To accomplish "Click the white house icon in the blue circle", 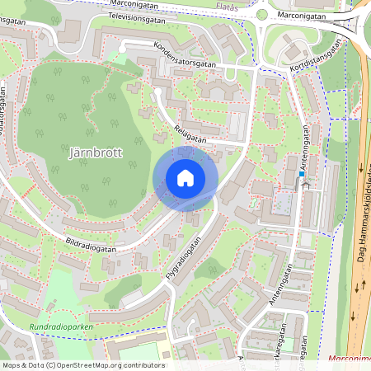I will coord(185,177).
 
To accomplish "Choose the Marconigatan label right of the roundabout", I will coord(301,15).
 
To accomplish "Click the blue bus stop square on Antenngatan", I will coord(303,174).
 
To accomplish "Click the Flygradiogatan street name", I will coord(183,261).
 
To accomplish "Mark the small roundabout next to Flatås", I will coord(262,14).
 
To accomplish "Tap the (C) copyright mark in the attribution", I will coord(50,365).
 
